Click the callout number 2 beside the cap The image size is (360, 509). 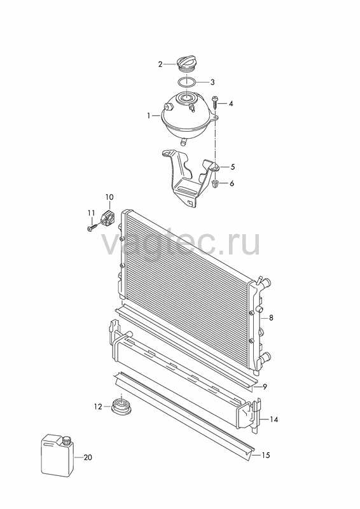pos(160,64)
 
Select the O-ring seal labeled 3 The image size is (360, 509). pos(186,82)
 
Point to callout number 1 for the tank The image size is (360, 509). pos(149,116)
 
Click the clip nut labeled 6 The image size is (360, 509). pos(214,184)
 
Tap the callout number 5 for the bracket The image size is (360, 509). pos(232,167)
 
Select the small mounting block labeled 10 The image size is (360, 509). pos(108,216)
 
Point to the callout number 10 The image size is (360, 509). pos(109,197)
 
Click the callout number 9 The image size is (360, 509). pos(265,387)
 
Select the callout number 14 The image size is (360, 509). pos(274,420)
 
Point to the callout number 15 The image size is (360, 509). pos(265,456)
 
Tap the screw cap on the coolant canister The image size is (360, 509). pos(67,440)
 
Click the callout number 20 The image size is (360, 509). pos(88,457)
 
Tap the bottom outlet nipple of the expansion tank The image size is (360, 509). pos(183,141)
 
